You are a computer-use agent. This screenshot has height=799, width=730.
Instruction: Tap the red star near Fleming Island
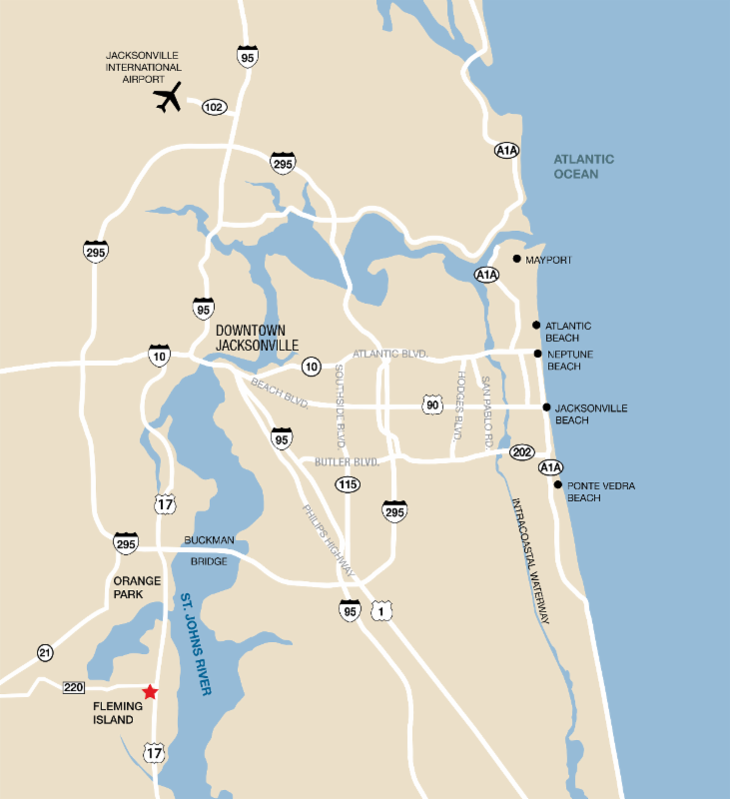click(x=150, y=691)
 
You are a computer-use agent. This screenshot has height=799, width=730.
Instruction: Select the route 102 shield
click(x=214, y=106)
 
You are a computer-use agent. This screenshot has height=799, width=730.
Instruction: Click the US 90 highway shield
click(x=431, y=403)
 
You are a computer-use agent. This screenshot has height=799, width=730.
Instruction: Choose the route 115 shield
click(x=348, y=484)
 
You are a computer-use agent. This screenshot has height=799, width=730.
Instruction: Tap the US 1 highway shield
click(x=380, y=610)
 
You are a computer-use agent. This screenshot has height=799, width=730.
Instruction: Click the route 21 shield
click(x=45, y=652)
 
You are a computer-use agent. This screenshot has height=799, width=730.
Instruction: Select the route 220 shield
click(x=73, y=687)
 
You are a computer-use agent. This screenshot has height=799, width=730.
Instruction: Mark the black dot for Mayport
click(x=516, y=260)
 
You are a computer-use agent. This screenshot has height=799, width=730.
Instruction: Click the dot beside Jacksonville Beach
click(x=546, y=407)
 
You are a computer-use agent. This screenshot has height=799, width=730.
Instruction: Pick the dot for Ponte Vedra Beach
click(x=557, y=484)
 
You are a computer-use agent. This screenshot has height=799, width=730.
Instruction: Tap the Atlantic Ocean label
click(x=584, y=167)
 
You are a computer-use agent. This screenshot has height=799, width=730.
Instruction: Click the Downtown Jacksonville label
click(x=257, y=338)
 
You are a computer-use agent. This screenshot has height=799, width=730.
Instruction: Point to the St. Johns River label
click(x=199, y=643)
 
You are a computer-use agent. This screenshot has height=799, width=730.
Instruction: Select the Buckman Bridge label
click(x=209, y=550)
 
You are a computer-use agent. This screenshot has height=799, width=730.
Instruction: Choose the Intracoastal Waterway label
click(x=530, y=560)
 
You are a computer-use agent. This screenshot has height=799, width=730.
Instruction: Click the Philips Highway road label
click(x=329, y=540)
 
